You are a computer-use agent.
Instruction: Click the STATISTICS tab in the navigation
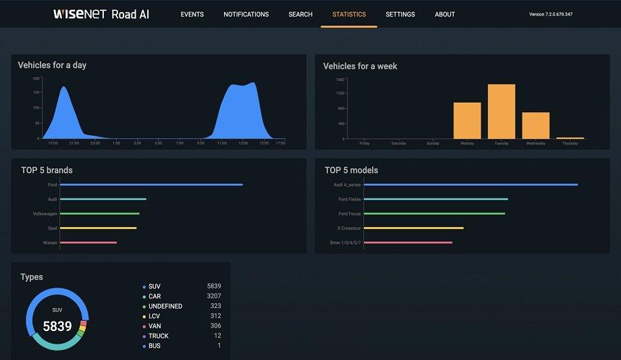349,14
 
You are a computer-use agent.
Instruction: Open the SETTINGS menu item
400,14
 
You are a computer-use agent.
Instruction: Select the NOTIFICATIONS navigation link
246,14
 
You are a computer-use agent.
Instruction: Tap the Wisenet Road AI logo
101,14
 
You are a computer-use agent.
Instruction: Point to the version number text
551,14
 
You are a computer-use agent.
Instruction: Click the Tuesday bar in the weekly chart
502,111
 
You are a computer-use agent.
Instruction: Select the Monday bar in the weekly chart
467,121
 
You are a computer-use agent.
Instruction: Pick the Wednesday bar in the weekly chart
536,126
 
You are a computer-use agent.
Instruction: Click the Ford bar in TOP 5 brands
151,184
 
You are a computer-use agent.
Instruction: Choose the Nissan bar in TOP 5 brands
88,242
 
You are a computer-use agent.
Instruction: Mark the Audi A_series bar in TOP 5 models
470,184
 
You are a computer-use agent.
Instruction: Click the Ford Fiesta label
350,199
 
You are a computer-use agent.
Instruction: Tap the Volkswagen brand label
45,213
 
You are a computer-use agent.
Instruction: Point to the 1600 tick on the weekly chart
340,79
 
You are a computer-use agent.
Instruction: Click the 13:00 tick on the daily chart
243,143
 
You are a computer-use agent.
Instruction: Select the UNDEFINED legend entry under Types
165,306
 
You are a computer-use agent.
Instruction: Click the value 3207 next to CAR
214,297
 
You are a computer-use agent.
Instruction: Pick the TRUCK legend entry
159,336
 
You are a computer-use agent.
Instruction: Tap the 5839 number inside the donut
57,326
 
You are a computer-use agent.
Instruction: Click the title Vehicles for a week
360,66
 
